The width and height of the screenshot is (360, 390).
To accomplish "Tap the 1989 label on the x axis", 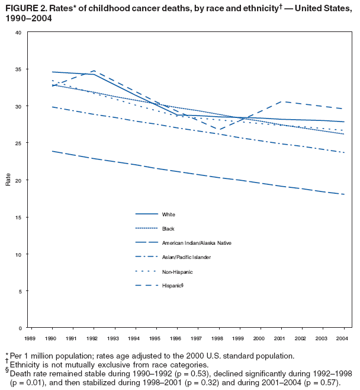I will (33, 338).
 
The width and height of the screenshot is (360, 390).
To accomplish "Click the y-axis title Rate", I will (8, 180).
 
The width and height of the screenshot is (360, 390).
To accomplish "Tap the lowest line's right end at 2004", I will (344, 194).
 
